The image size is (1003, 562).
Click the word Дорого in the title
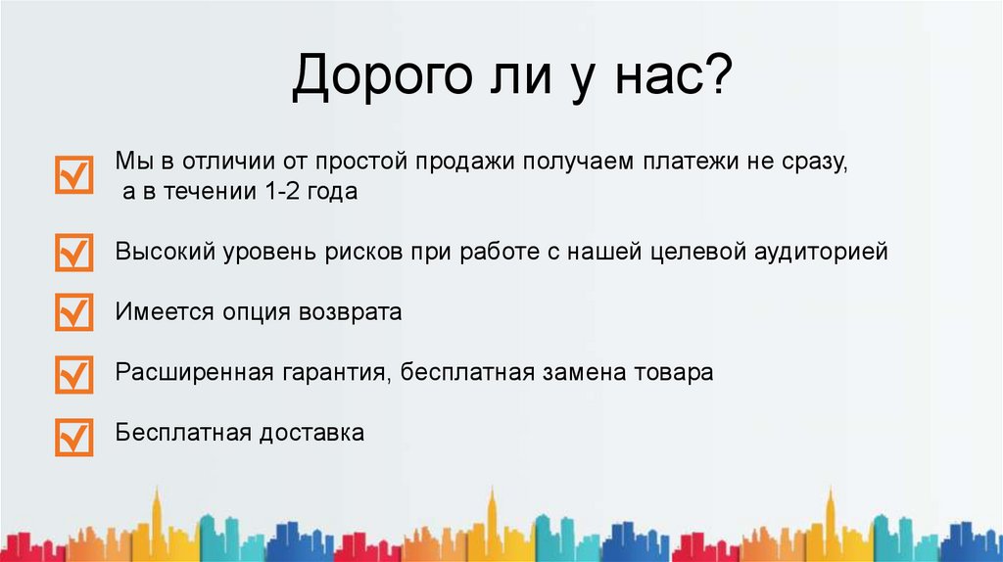pyautogui.click(x=381, y=76)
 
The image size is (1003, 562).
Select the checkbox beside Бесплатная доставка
pyautogui.click(x=74, y=437)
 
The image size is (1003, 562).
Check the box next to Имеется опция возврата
pyautogui.click(x=74, y=312)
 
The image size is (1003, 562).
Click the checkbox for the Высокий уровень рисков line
pyautogui.click(x=74, y=252)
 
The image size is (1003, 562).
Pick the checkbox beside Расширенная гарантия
pyautogui.click(x=74, y=374)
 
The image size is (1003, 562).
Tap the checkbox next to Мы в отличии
pyautogui.click(x=74, y=174)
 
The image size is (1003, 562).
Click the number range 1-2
pyautogui.click(x=281, y=191)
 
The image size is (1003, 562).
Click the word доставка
pyautogui.click(x=311, y=433)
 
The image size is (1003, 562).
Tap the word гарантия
pyautogui.click(x=336, y=373)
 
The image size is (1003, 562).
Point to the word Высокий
pyautogui.click(x=166, y=252)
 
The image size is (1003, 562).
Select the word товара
pyautogui.click(x=674, y=373)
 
